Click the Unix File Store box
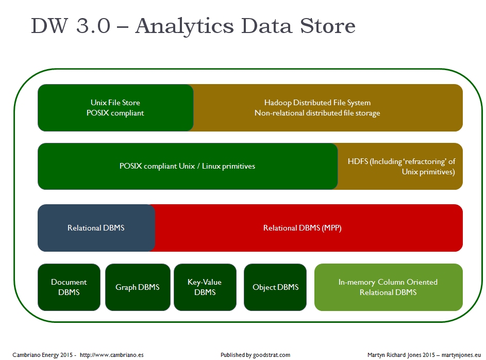[115, 108]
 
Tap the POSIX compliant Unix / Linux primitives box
[188, 166]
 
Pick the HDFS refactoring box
[401, 166]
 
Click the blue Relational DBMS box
[96, 227]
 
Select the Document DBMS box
[69, 287]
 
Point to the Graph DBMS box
[138, 287]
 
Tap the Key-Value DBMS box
[205, 287]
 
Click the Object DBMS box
[275, 287]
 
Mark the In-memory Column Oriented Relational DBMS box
[388, 287]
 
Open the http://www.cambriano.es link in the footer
[112, 355]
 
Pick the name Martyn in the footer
[378, 355]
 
